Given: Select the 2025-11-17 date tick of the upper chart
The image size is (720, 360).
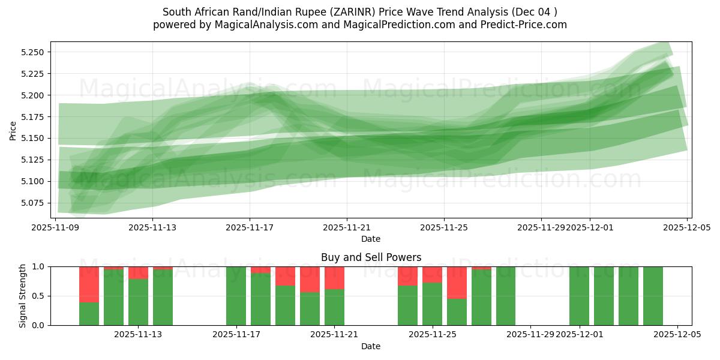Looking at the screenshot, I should pyautogui.click(x=250, y=227).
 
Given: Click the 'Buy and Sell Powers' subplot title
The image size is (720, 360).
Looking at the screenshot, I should pyautogui.click(x=371, y=257).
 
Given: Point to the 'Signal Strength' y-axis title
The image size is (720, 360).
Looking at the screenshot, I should pyautogui.click(x=23, y=296).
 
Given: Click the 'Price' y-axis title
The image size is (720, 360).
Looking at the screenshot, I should pyautogui.click(x=13, y=130).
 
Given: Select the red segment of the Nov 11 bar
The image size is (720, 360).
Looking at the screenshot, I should pyautogui.click(x=89, y=284).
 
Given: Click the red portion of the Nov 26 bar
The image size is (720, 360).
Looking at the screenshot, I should pyautogui.click(x=457, y=282).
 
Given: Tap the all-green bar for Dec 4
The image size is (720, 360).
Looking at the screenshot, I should pyautogui.click(x=653, y=296).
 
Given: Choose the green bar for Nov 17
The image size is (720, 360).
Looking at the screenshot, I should pyautogui.click(x=236, y=296).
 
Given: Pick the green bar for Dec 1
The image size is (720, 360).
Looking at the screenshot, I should pyautogui.click(x=579, y=296).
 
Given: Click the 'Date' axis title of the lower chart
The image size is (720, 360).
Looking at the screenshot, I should pyautogui.click(x=371, y=346).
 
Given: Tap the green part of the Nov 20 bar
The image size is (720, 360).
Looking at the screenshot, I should pyautogui.click(x=310, y=309).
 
